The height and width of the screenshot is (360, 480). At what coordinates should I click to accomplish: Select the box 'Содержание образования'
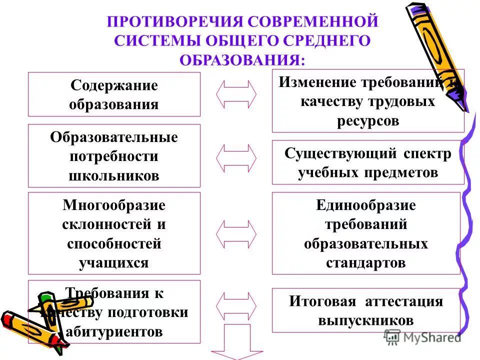[x=114, y=94]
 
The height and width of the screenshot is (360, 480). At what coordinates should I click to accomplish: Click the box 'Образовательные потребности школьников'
[x=114, y=156]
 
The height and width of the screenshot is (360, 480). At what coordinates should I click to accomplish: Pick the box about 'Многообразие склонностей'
[x=114, y=233]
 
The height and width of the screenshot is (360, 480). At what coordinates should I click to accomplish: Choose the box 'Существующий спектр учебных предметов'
[x=368, y=162]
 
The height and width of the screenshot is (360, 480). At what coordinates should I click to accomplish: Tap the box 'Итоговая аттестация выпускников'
[x=366, y=310]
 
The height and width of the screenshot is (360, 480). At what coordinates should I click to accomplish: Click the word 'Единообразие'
[x=366, y=205]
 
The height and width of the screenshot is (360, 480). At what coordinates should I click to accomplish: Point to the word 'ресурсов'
[x=368, y=121]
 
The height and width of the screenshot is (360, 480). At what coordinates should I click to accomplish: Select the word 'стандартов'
[x=366, y=263]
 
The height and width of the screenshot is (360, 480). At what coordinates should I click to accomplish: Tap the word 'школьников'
[x=114, y=175]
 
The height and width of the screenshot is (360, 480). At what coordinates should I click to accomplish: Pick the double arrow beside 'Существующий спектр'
[x=236, y=157]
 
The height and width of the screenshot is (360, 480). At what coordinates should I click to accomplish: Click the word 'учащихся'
[x=114, y=263]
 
